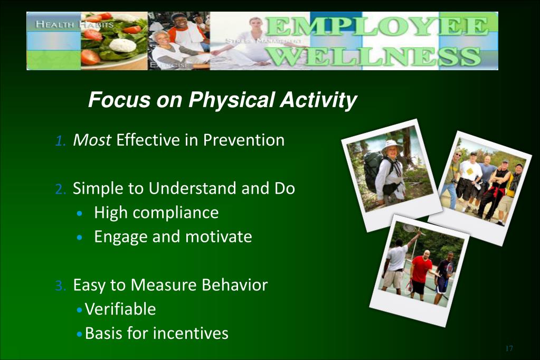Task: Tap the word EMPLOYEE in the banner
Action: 377,26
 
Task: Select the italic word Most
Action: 92,140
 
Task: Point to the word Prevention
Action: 244,140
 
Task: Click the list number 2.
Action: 60,189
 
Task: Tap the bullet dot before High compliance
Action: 80,214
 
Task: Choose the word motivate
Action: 219,237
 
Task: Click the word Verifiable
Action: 120,309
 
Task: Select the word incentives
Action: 191,333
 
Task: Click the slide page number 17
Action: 509,348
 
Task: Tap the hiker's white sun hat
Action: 392,146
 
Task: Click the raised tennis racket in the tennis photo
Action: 410,228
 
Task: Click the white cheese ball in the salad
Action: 122,45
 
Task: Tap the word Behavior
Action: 234,285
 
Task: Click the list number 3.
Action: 60,286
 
